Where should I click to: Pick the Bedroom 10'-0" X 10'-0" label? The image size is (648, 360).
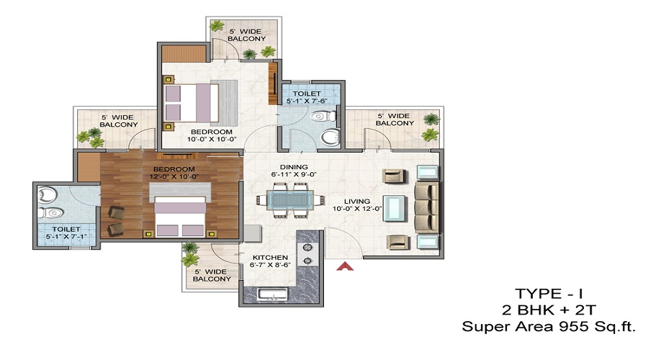[x=212, y=136]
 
